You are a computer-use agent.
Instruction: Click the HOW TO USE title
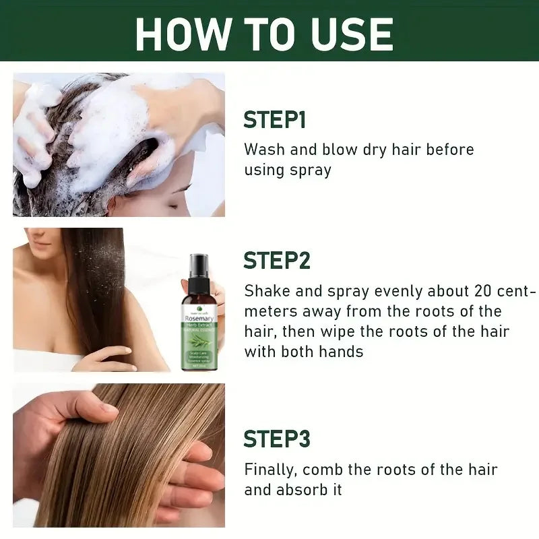coord(264,34)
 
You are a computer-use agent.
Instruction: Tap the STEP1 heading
coord(274,120)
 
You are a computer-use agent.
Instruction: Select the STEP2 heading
coord(276,260)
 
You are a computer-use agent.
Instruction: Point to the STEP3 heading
coord(276,439)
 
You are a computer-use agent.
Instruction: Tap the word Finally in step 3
coord(269,470)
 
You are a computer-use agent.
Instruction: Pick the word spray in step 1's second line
coord(311,170)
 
